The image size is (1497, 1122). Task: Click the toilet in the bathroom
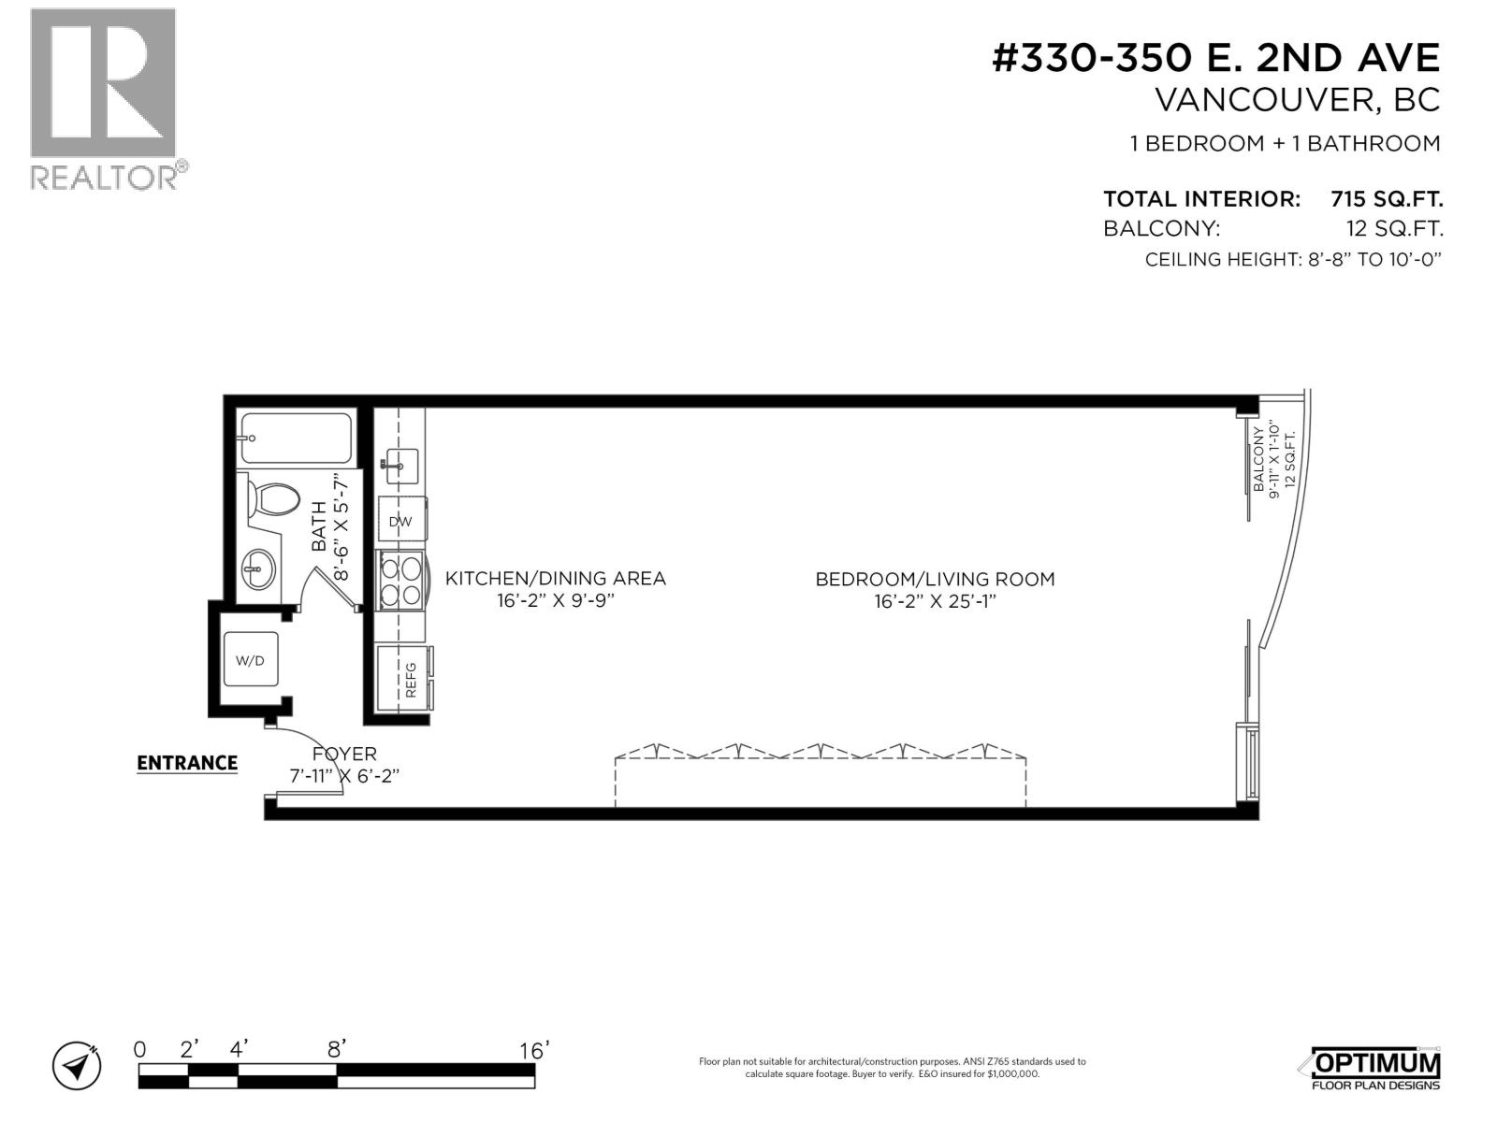coord(272,499)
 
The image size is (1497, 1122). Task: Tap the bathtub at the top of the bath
coord(295,439)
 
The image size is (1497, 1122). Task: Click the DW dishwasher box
coord(400,522)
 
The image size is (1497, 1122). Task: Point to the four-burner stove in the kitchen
coord(400,580)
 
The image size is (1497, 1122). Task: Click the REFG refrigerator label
coord(410,680)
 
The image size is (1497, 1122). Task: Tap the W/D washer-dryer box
coord(250,660)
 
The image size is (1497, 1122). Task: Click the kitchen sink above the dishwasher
coord(401,465)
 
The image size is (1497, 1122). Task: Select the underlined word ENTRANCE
coord(187,763)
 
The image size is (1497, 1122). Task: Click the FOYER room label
coord(344,754)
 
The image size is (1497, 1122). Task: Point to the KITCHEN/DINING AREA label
coord(555,579)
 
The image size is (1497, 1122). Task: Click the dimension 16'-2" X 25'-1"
coord(935,601)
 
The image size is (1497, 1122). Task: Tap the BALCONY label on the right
coord(1258,459)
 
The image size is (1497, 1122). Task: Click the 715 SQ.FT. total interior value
coord(1387,199)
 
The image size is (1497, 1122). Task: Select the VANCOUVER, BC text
coord(1297,100)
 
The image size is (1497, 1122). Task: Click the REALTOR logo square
coord(103,83)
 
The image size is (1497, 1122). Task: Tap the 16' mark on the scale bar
coord(532,1051)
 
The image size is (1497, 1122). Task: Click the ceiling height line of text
coord(1292,259)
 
